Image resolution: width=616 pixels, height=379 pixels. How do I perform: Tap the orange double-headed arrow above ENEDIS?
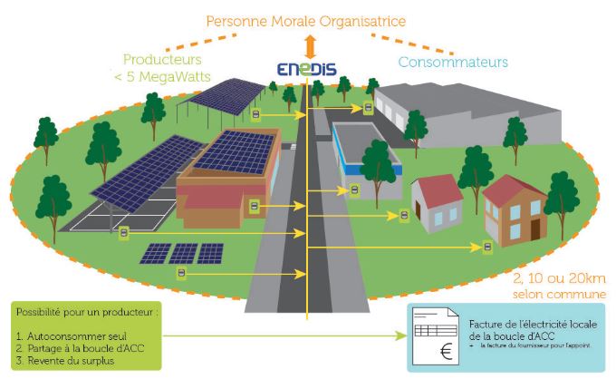pyautogui.click(x=309, y=44)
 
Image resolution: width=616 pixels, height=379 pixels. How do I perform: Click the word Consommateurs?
pyautogui.click(x=453, y=63)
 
